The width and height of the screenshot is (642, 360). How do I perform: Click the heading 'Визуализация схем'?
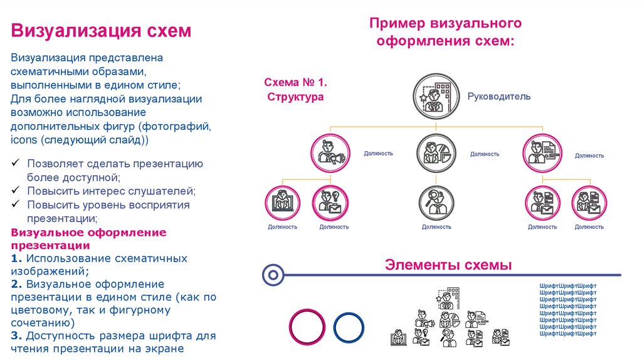[100, 31]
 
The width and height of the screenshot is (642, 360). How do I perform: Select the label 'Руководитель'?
[499, 97]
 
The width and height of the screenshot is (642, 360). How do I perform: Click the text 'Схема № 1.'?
[296, 83]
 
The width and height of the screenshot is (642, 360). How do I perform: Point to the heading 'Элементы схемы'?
[448, 265]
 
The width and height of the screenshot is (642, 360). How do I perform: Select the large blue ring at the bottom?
[349, 328]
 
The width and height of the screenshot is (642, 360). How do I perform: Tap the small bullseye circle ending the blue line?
[273, 274]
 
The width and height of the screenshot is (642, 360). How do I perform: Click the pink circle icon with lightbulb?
[330, 203]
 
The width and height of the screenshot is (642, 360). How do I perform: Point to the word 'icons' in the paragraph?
[24, 140]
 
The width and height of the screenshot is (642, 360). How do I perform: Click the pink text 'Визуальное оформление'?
[89, 233]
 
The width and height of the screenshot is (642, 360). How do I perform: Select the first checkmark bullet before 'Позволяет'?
[15, 164]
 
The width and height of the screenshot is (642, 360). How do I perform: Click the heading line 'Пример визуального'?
[445, 24]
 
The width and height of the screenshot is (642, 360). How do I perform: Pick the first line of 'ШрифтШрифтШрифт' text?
[568, 285]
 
